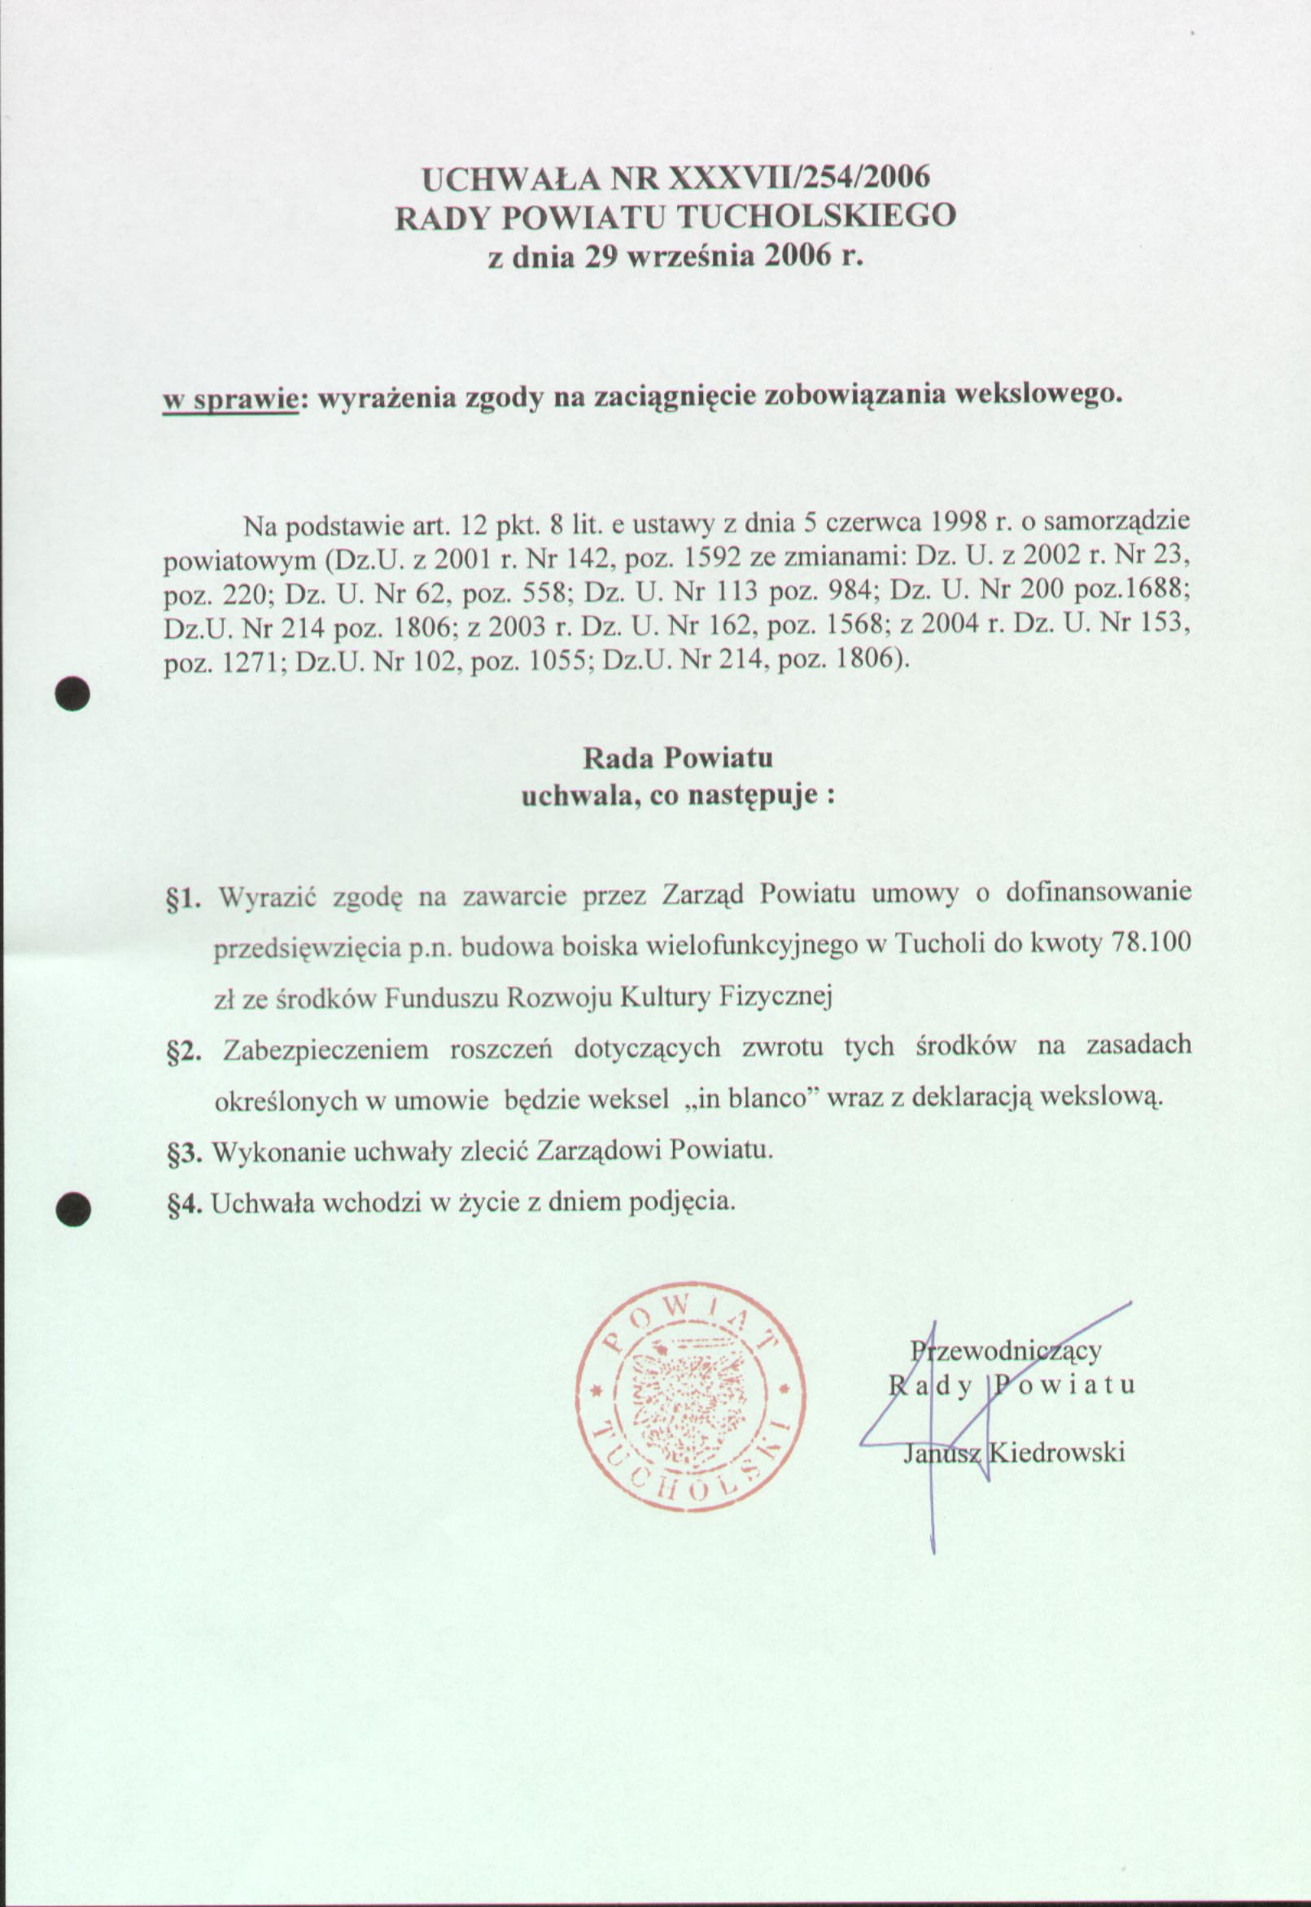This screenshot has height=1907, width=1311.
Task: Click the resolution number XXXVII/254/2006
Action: click(x=800, y=177)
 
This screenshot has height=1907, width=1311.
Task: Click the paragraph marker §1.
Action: click(x=183, y=898)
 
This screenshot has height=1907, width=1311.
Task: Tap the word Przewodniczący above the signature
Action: click(x=1007, y=1350)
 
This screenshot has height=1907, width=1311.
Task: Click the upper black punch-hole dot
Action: click(x=73, y=693)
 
